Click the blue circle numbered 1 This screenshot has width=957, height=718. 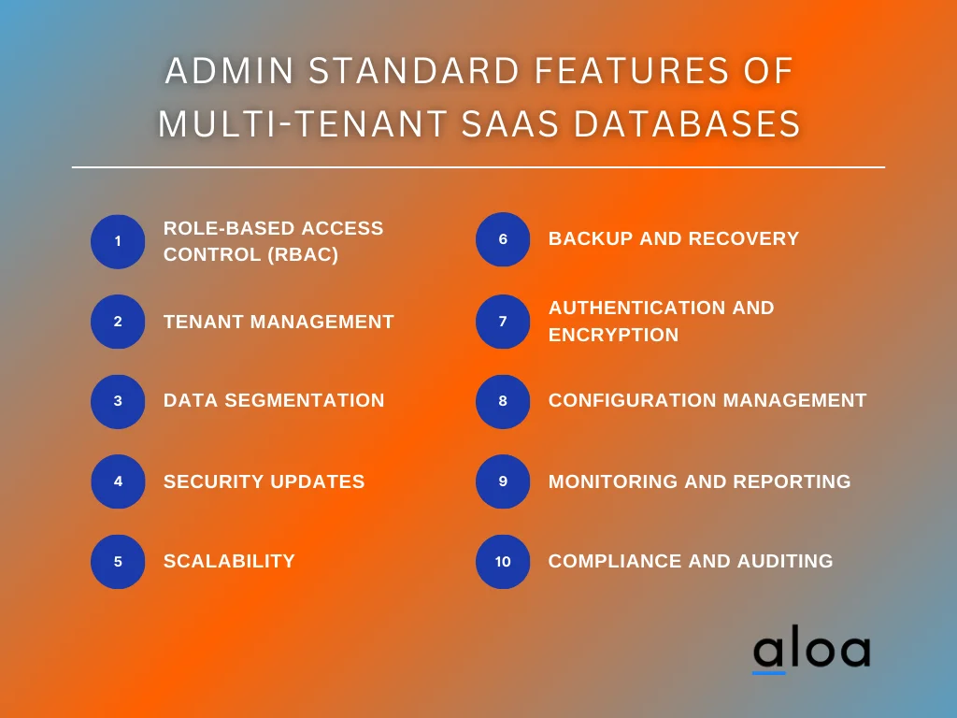point(118,241)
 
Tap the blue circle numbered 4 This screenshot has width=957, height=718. point(118,481)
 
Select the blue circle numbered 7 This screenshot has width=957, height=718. point(503,322)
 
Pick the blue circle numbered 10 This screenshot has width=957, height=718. point(503,562)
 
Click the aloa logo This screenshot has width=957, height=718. point(811,651)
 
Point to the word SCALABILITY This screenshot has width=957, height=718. point(229,561)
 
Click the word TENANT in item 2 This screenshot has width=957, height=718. point(202,322)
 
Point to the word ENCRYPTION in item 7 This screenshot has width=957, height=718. point(613,335)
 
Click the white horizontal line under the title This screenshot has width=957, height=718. point(478,167)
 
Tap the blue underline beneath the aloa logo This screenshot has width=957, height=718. point(769,672)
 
